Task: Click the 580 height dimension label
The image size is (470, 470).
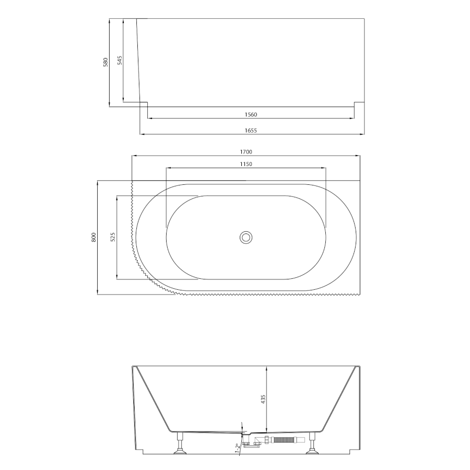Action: pyautogui.click(x=105, y=62)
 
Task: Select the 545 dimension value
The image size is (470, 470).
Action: pyautogui.click(x=120, y=60)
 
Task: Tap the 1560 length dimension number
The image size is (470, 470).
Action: pyautogui.click(x=251, y=114)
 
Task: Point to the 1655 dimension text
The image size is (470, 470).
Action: pyautogui.click(x=251, y=131)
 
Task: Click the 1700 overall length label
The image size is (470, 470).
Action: pyautogui.click(x=246, y=152)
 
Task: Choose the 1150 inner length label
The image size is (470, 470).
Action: pyautogui.click(x=246, y=164)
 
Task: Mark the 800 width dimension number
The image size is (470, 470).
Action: pyautogui.click(x=94, y=238)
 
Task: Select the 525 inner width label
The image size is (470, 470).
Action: pyautogui.click(x=113, y=237)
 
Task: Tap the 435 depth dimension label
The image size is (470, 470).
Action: pyautogui.click(x=264, y=399)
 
